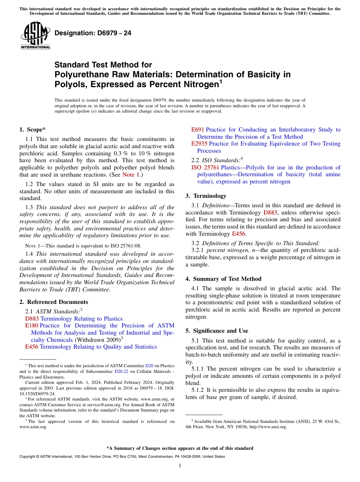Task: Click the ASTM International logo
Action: pos(35,36)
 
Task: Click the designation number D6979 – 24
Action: pos(93,33)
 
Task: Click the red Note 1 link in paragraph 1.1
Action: pos(131,175)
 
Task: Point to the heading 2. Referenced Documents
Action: pos(54,302)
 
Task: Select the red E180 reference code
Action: pos(31,326)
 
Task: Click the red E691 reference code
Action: pos(197,130)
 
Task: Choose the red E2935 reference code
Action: pos(199,144)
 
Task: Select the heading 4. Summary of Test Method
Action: pos(223,279)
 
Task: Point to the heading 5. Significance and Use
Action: pos(217,331)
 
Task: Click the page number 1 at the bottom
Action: pos(180,465)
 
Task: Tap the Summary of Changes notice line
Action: pos(180,448)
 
